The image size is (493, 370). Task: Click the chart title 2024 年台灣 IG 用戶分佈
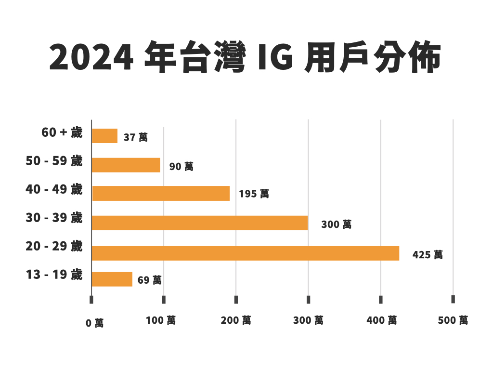(245, 59)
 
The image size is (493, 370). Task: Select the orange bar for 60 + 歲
(104, 136)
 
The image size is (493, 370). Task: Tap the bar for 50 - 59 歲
(126, 165)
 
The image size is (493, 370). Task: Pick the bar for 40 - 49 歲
(161, 193)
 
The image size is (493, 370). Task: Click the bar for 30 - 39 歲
(199, 223)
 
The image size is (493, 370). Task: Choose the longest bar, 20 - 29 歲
(245, 253)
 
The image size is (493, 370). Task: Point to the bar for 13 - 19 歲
(112, 279)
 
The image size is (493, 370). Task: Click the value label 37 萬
(135, 137)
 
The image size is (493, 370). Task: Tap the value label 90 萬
(181, 167)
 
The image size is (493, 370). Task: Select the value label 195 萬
(254, 194)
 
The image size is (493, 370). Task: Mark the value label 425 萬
(428, 255)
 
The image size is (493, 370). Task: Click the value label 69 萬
(149, 280)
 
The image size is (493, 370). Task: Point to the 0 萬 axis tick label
(94, 323)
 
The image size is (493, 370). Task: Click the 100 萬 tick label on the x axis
(161, 320)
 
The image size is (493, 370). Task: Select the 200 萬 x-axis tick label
(236, 320)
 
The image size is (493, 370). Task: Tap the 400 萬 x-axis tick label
(382, 320)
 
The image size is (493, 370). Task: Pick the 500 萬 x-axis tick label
(453, 320)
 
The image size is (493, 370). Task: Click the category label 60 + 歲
(62, 132)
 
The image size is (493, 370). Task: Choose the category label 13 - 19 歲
(54, 275)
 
